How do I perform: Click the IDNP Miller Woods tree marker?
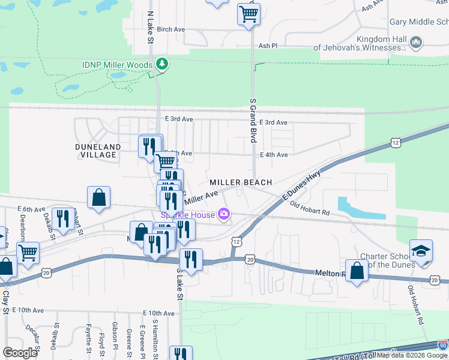point(161,64)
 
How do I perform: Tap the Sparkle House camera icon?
point(224,214)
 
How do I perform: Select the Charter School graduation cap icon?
point(421,250)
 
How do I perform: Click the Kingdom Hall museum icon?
point(416,43)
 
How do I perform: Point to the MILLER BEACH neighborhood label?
point(241,182)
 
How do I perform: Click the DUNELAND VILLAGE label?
point(98,151)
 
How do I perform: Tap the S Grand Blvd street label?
point(253,121)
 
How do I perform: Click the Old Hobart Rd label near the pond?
point(309,208)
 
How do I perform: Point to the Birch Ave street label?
point(170,29)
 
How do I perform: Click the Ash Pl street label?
point(268,45)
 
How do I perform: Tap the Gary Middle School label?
point(419,22)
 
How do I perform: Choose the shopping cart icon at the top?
point(249,13)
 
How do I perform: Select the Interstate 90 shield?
point(442,346)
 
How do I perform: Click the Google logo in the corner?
point(20,352)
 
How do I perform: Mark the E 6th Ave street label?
point(31,209)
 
